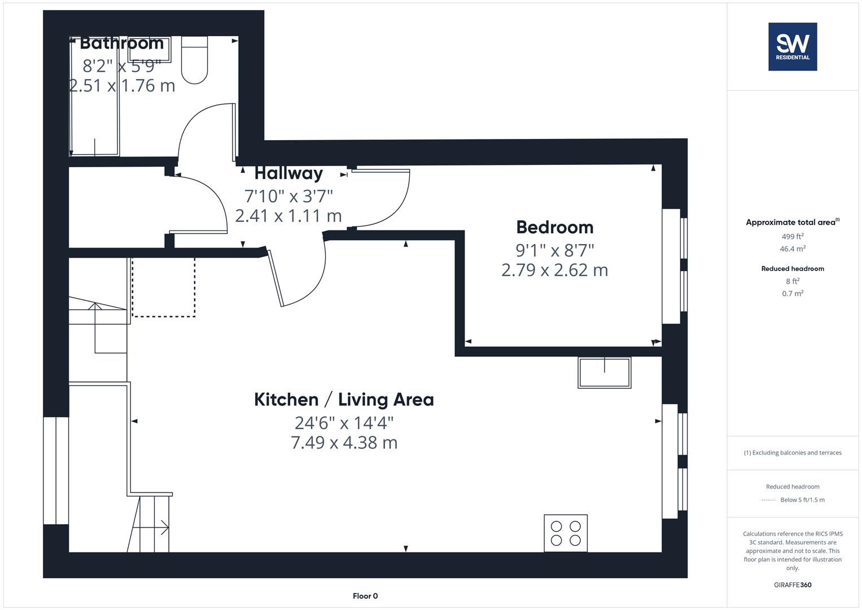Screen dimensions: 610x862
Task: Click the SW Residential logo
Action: (x=793, y=47)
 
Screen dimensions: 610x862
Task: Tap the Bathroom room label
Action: (x=121, y=43)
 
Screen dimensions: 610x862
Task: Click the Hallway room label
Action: (x=288, y=173)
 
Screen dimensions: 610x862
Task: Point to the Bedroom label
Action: (x=555, y=227)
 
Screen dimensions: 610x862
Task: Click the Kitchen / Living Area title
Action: (x=344, y=400)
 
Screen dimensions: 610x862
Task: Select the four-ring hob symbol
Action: (x=566, y=533)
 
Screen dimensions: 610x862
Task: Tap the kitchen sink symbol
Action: (x=604, y=373)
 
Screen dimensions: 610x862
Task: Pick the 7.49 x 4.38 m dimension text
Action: (x=344, y=443)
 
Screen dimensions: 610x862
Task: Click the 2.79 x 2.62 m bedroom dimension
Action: (x=555, y=270)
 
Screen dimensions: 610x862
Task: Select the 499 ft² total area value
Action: (x=793, y=237)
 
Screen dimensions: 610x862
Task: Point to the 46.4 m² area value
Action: (x=793, y=249)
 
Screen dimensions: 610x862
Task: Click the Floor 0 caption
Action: (x=365, y=596)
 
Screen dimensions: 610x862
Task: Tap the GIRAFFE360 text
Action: (x=793, y=585)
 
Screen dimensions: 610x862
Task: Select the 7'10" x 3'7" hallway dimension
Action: (x=288, y=196)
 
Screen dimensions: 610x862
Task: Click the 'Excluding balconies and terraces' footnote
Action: (x=793, y=453)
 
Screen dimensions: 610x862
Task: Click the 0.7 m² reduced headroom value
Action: (x=793, y=294)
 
